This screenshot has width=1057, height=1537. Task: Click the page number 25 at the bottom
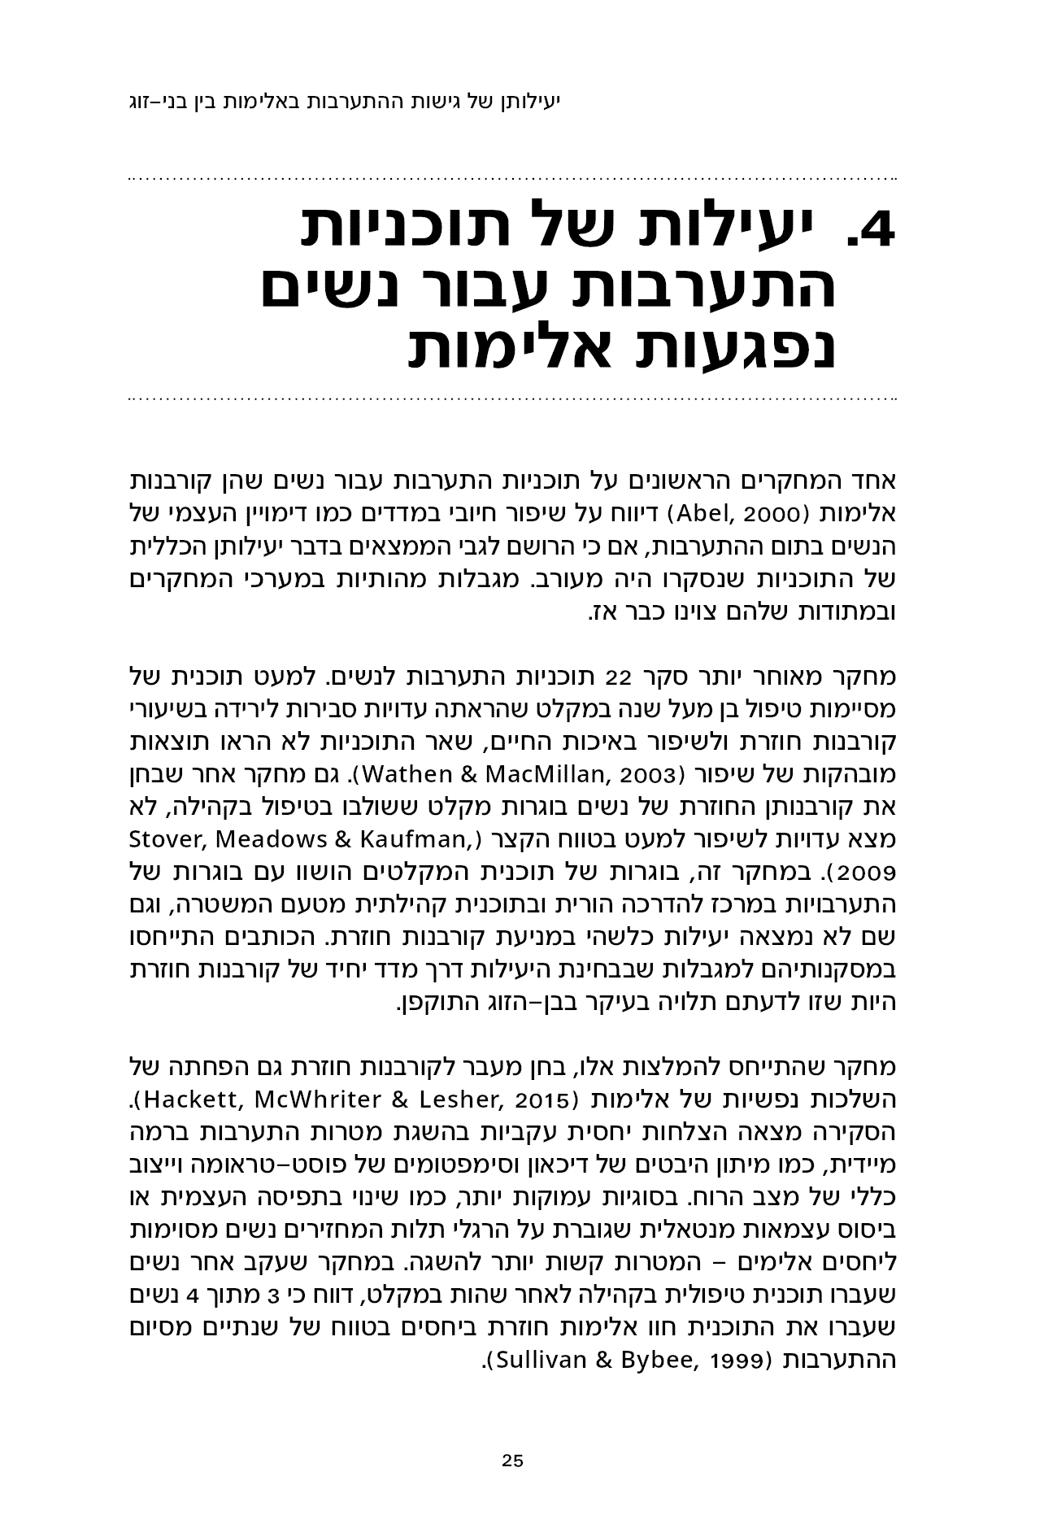(x=512, y=1460)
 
